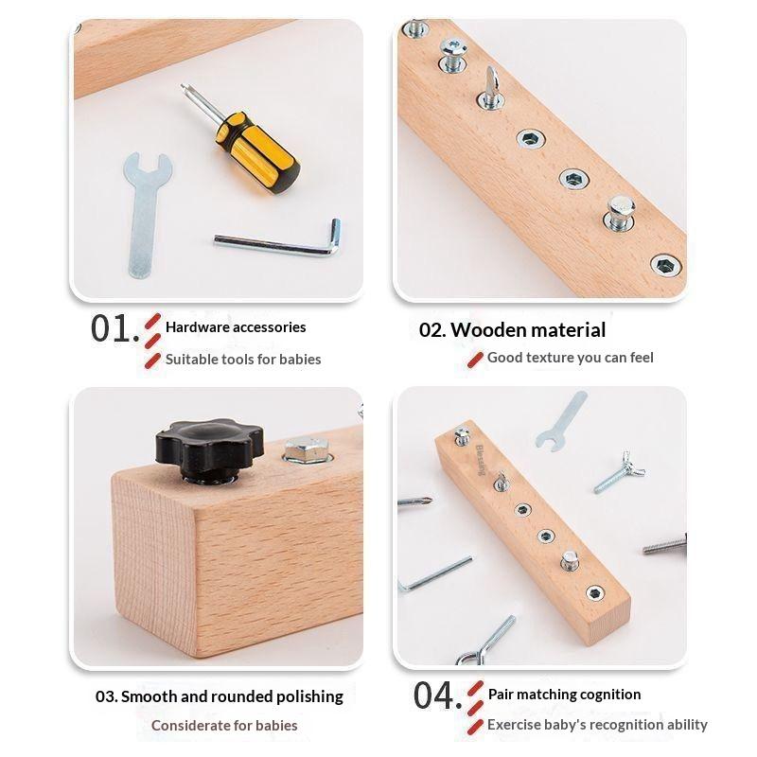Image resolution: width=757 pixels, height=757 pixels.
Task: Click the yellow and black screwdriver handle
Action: tap(258, 152)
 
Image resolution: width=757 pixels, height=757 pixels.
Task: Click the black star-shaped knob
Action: tap(209, 449)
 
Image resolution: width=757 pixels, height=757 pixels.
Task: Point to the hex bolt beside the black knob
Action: tap(307, 450)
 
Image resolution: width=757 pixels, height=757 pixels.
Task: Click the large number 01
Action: tap(111, 329)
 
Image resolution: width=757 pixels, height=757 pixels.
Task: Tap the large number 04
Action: tap(434, 695)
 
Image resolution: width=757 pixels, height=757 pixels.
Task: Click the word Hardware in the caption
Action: tap(190, 327)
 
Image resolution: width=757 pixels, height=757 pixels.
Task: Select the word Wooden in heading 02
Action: tap(487, 330)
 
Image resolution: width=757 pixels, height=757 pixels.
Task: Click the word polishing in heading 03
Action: tap(309, 696)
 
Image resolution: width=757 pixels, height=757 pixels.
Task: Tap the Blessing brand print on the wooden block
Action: tap(480, 460)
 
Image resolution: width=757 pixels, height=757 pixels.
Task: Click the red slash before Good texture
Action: tap(475, 360)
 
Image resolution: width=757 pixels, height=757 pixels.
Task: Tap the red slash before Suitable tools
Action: tap(152, 361)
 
